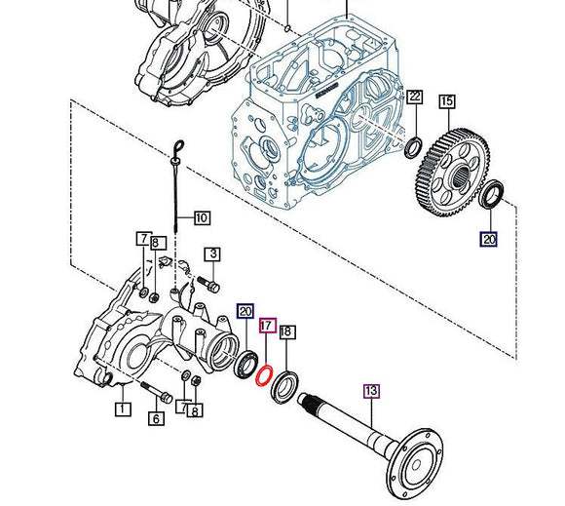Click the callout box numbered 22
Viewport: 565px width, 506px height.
(x=415, y=97)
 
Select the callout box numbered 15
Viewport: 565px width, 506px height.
(x=447, y=101)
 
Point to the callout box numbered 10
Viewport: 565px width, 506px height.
(x=201, y=217)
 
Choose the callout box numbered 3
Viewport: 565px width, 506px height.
(x=213, y=254)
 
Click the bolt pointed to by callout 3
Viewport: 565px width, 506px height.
(x=207, y=285)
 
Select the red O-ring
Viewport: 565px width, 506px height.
(x=263, y=372)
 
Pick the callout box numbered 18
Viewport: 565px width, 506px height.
(x=286, y=332)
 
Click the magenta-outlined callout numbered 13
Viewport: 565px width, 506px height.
(x=371, y=391)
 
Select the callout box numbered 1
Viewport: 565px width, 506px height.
(x=123, y=409)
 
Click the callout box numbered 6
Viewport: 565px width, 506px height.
(x=154, y=419)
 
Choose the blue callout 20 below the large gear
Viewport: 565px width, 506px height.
(x=487, y=238)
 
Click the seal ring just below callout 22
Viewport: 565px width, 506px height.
(x=413, y=147)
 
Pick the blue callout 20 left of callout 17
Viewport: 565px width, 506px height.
(x=245, y=312)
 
